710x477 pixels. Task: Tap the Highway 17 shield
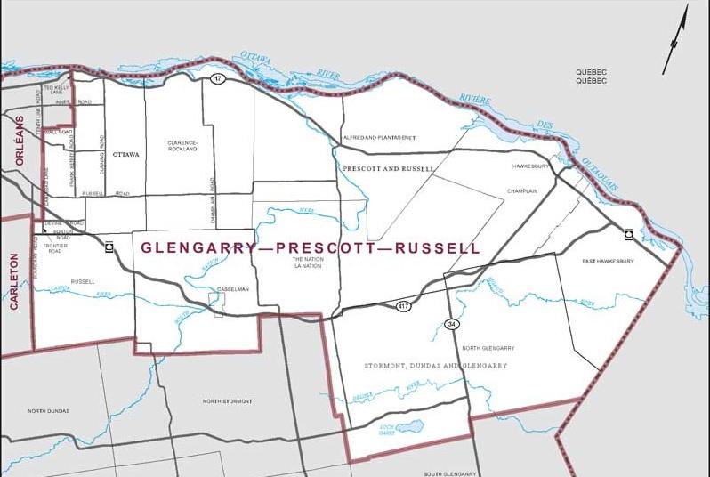pyautogui.click(x=216, y=80)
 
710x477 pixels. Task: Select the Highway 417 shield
pyautogui.click(x=403, y=306)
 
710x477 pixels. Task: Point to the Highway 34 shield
pyautogui.click(x=452, y=324)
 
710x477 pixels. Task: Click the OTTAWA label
pyautogui.click(x=126, y=154)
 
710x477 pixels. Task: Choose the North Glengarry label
pyautogui.click(x=488, y=348)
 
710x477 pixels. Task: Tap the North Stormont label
pyautogui.click(x=227, y=401)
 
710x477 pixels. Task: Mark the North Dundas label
pyautogui.click(x=48, y=411)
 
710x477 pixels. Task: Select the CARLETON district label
pyautogui.click(x=13, y=280)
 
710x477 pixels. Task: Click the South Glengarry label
pyautogui.click(x=451, y=473)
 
